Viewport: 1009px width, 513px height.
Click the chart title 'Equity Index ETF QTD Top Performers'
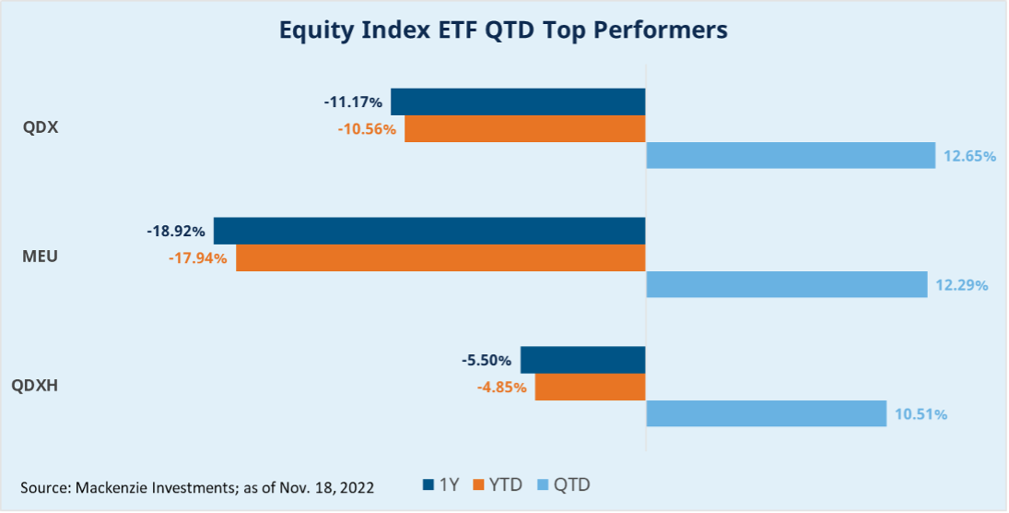pos(503,30)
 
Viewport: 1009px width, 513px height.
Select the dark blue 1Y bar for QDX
pos(518,101)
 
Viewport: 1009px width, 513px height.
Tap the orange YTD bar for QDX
pos(524,128)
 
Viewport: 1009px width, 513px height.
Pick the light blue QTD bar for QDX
pos(791,156)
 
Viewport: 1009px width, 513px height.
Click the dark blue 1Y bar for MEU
pos(429,230)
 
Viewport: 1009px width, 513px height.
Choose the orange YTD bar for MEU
pos(440,257)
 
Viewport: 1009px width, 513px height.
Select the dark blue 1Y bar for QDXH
pos(582,359)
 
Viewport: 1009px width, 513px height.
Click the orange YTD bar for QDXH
pos(590,387)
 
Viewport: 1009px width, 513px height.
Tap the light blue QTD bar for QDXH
pos(766,413)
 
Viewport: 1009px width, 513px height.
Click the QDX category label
pos(41,128)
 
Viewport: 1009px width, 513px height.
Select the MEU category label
pos(40,256)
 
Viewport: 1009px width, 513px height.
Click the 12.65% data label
pos(969,157)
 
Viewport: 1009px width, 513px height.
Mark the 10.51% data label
pos(921,414)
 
